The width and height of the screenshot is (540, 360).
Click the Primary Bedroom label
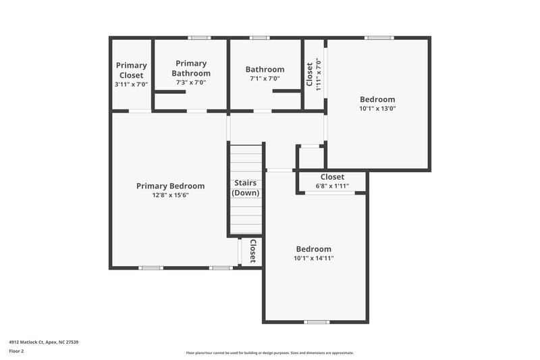170,186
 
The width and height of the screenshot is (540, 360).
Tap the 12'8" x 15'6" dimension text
170,195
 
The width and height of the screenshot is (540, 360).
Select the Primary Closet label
131,70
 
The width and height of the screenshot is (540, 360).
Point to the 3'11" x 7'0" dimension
131,83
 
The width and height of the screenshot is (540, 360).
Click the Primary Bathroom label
191,68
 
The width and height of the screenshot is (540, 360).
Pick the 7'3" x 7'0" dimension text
191,82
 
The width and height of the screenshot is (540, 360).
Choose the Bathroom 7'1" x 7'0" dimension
265,79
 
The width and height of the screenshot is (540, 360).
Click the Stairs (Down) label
246,188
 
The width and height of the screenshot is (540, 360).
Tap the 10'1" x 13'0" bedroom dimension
377,108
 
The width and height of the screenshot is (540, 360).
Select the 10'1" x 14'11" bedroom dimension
313,258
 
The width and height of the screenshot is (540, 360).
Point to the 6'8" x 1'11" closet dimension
332,186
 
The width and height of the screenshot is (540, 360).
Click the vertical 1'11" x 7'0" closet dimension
318,74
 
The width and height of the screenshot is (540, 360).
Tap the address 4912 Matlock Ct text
43,342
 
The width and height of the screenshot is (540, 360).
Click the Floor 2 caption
16,351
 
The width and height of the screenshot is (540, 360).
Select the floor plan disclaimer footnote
269,353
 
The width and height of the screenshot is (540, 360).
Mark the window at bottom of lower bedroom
316,322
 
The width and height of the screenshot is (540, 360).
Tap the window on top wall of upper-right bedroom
378,38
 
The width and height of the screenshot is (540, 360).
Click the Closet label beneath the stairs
253,251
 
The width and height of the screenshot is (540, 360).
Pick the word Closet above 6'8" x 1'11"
332,177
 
